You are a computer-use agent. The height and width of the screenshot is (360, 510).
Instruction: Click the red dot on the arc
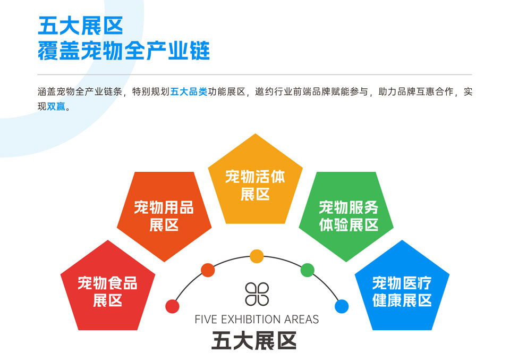click(172, 306)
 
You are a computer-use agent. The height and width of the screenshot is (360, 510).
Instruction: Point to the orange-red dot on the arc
click(208, 270)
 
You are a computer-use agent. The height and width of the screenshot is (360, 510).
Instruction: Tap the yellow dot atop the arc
click(257, 256)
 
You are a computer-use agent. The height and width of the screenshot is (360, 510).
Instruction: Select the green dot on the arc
click(308, 270)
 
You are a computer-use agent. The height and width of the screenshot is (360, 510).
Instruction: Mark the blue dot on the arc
click(342, 306)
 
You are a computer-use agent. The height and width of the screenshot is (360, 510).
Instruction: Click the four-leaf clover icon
click(257, 294)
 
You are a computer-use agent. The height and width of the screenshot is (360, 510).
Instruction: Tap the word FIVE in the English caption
click(206, 320)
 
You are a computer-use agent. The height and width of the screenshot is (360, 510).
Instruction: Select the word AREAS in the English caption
click(302, 320)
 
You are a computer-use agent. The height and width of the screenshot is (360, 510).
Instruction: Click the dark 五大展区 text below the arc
click(254, 341)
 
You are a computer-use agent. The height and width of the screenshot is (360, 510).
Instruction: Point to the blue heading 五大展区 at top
click(80, 26)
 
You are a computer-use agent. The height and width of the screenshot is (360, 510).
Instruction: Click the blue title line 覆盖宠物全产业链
click(124, 51)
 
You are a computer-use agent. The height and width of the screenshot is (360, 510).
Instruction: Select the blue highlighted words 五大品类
click(189, 92)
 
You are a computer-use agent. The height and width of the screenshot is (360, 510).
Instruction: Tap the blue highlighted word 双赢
click(56, 106)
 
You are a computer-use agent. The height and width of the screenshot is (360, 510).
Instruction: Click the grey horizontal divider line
click(254, 74)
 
